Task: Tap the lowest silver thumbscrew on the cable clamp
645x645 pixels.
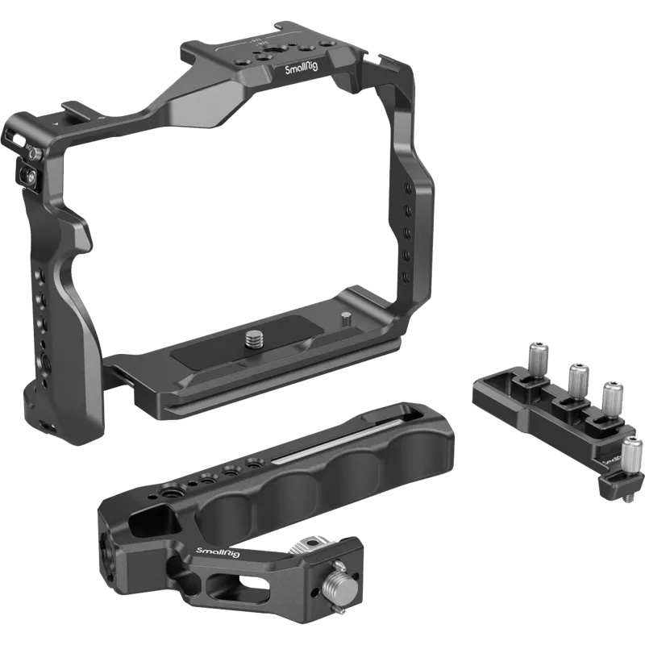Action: click(x=631, y=449)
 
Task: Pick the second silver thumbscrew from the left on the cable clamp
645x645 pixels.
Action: click(x=576, y=375)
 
